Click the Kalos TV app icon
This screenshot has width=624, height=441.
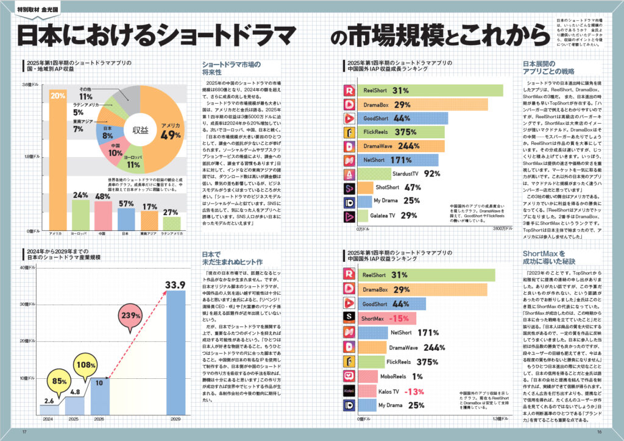coord(349,390)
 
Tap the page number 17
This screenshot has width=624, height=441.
coord(24,431)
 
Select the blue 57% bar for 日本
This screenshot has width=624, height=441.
coord(126,218)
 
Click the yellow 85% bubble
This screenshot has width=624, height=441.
coord(59,382)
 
